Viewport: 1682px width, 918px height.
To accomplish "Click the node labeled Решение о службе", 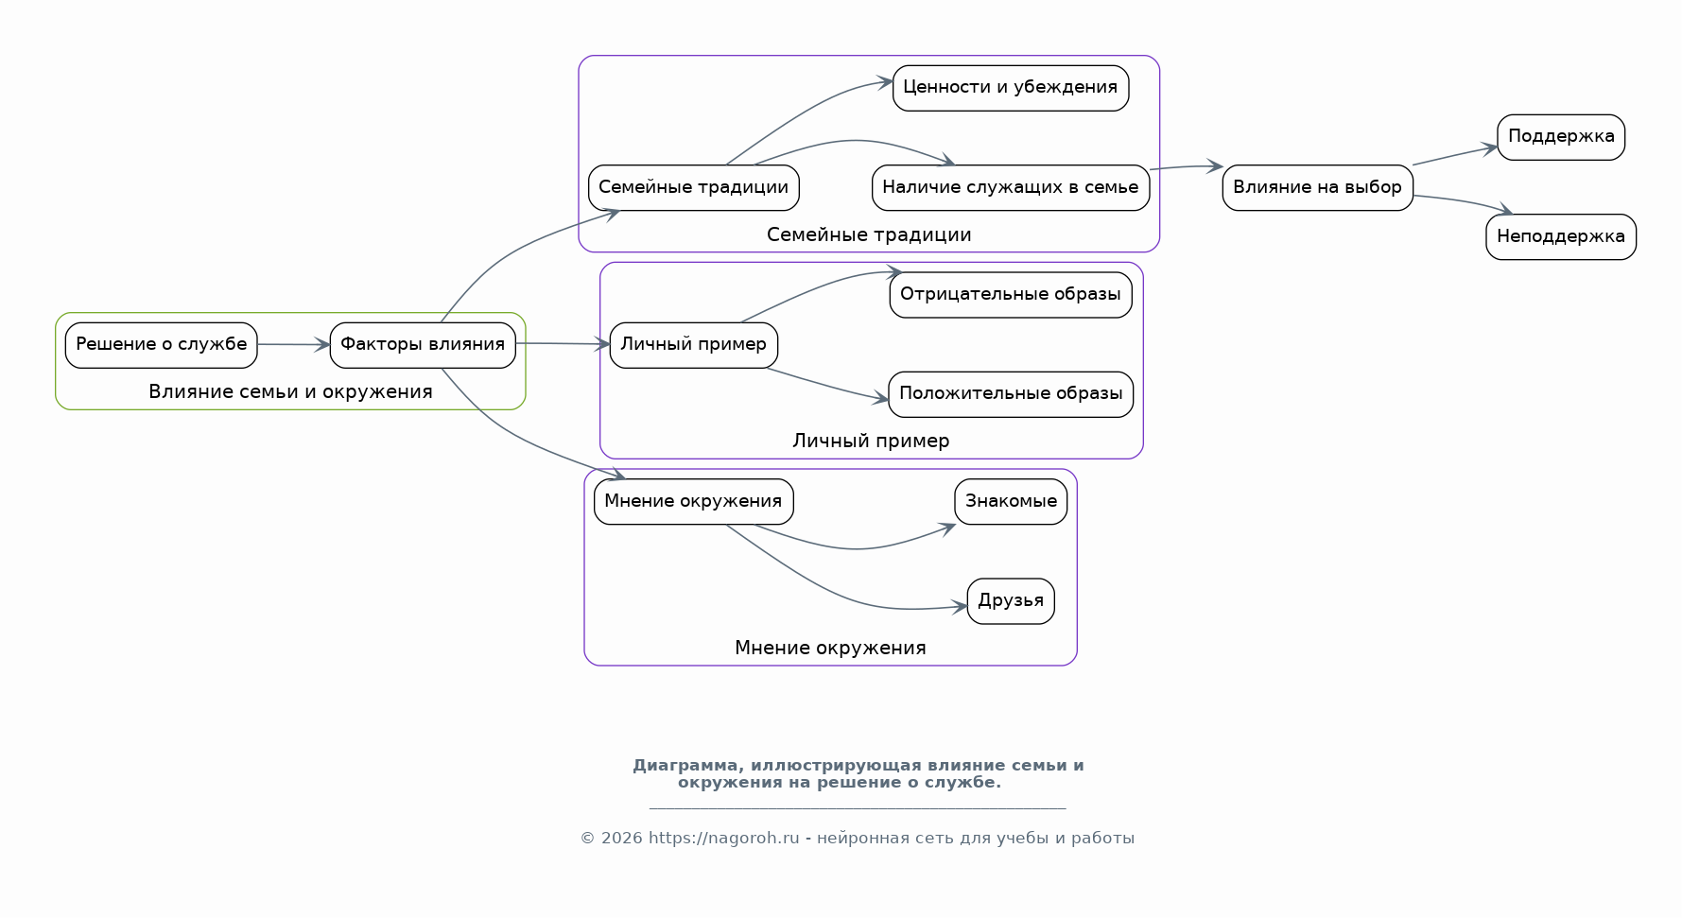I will [161, 345].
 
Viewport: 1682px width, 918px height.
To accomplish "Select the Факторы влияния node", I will [423, 345].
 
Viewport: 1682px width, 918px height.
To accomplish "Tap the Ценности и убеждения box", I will [1010, 88].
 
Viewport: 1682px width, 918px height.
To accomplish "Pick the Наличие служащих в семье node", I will [1010, 187].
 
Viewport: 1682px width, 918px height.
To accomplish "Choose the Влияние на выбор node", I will [1317, 187].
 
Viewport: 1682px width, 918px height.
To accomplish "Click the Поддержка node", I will [1560, 137].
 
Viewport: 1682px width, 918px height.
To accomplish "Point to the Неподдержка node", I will [1560, 236].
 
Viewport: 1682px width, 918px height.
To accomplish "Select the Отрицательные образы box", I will [1010, 295].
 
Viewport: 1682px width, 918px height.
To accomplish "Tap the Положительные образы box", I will [1010, 394].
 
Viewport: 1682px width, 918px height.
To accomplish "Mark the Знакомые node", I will [1010, 501].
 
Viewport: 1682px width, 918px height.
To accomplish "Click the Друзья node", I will [1010, 601].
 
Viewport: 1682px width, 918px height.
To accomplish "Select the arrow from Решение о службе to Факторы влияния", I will [293, 345].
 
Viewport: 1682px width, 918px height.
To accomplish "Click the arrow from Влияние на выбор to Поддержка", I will [1454, 156].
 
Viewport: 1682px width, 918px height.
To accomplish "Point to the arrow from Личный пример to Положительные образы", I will [827, 386].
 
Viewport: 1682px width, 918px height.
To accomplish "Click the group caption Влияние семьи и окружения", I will [290, 391].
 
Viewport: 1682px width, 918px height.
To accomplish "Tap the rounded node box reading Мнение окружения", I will [693, 501].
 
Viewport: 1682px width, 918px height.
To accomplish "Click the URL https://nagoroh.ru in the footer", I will [723, 838].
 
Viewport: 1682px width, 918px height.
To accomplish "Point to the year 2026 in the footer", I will [621, 838].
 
